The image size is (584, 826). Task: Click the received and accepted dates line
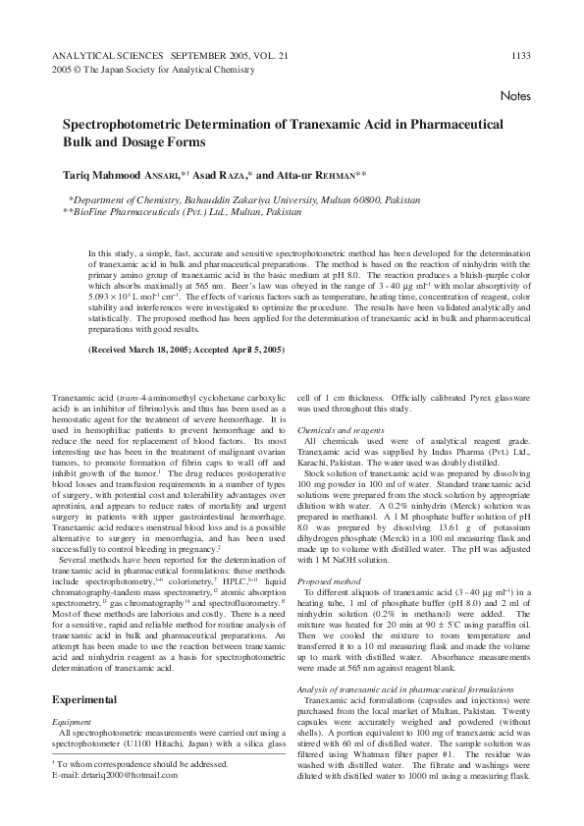(x=186, y=350)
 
